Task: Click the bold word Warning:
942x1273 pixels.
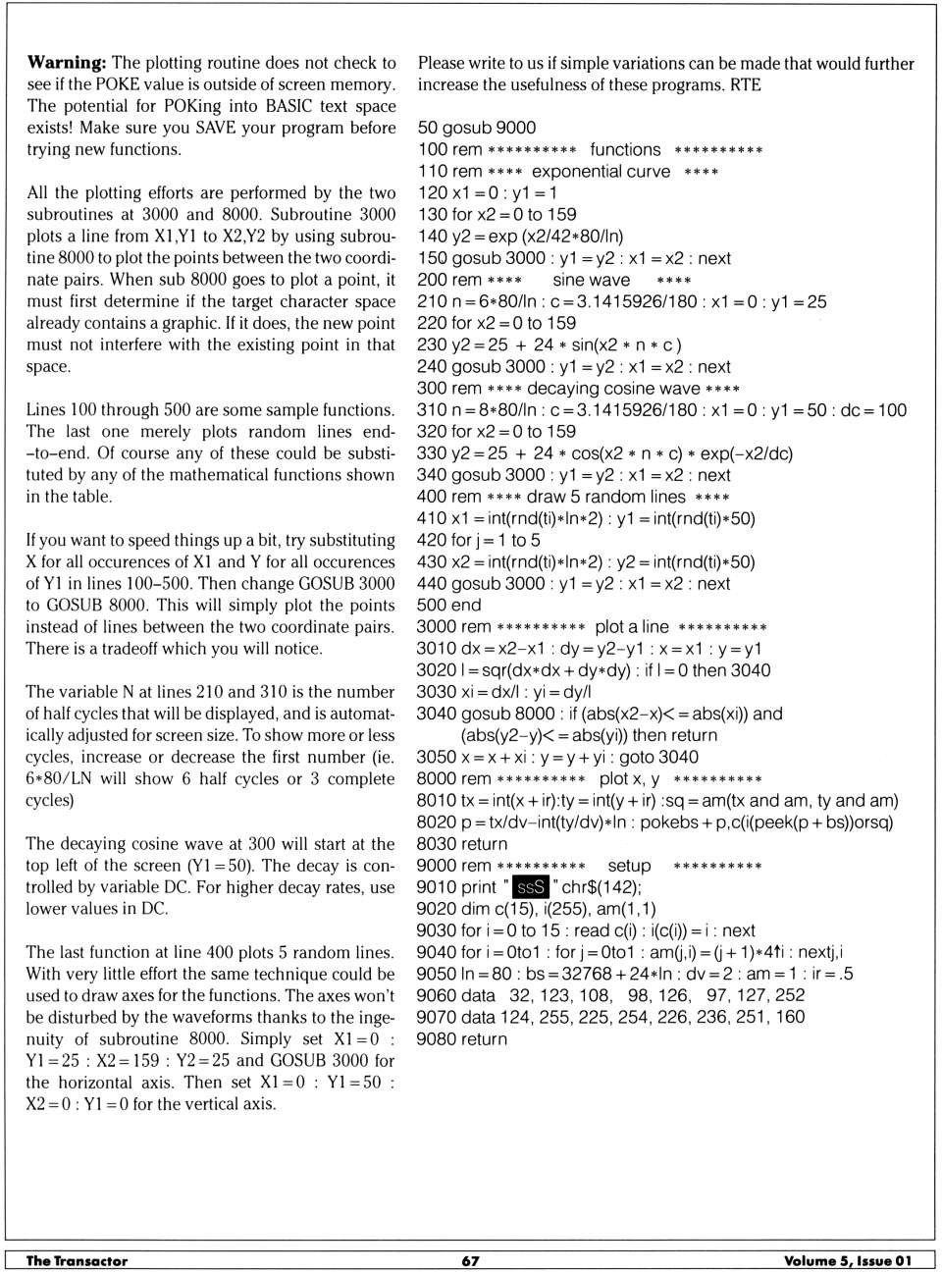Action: pos(67,63)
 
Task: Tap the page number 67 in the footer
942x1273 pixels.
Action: pos(471,1261)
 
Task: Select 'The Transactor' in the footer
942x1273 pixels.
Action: pos(77,1261)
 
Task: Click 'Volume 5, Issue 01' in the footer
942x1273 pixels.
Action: pos(848,1261)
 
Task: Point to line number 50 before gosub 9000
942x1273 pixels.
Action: pos(428,128)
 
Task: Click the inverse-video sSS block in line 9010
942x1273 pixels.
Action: pos(530,887)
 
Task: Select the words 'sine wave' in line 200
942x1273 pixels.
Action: pos(591,280)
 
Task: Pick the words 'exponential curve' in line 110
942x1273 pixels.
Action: pos(601,172)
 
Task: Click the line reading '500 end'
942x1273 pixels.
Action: pos(449,606)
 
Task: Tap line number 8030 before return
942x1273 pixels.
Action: pos(436,844)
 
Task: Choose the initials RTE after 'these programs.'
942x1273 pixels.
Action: pos(745,85)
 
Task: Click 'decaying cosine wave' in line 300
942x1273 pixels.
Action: pos(613,389)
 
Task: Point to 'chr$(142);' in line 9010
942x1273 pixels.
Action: pos(602,887)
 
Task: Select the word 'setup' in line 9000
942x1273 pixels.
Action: pos(629,866)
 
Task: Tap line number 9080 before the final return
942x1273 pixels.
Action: pos(436,1039)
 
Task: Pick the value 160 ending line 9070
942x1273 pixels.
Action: pos(790,1018)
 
